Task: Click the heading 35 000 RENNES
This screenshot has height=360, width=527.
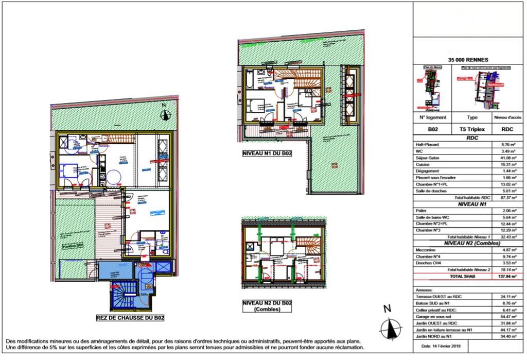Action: [x=468, y=59]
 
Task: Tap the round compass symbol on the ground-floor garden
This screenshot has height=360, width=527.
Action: [x=165, y=115]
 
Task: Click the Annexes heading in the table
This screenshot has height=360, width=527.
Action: [x=424, y=290]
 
